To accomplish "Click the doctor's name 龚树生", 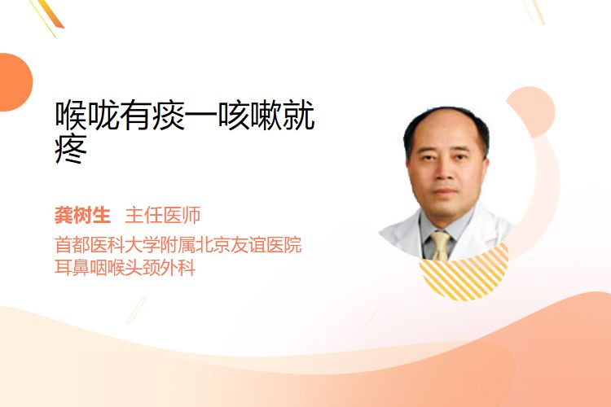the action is coord(82,216).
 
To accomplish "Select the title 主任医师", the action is coord(162,216).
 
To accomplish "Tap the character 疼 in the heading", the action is coord(71,150).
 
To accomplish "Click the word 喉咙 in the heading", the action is coord(87,116).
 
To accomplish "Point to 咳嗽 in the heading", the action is coord(249,116).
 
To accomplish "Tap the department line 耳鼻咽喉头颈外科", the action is coord(125,268).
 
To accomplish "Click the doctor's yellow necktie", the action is coord(440,245).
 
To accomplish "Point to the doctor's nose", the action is coord(443,173).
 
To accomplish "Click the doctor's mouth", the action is coord(445,191).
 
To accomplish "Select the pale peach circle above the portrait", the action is coord(533,111).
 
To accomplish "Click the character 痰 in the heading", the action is coord(169,116).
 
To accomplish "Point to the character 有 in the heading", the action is coord(135,116).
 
